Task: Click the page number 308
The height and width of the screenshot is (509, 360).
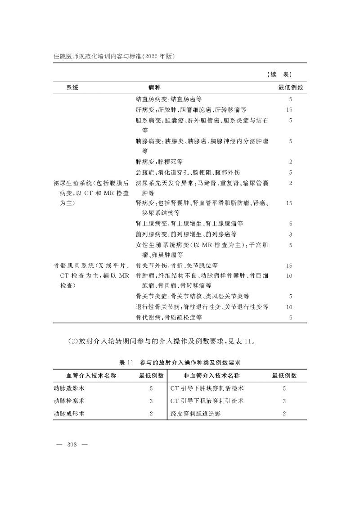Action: (72, 444)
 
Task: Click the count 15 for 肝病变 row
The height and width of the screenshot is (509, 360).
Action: (290, 109)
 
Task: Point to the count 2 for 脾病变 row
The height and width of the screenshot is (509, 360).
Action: (291, 161)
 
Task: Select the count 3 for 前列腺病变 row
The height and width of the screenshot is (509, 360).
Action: (291, 234)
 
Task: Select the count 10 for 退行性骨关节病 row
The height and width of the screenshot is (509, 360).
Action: (290, 307)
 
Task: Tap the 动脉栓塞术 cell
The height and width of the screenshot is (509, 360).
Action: (69, 401)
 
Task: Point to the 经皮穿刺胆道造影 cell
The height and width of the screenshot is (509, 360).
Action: (196, 413)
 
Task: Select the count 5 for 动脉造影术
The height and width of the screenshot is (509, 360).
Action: (151, 388)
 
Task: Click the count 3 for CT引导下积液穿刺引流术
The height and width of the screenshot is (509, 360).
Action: (284, 401)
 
